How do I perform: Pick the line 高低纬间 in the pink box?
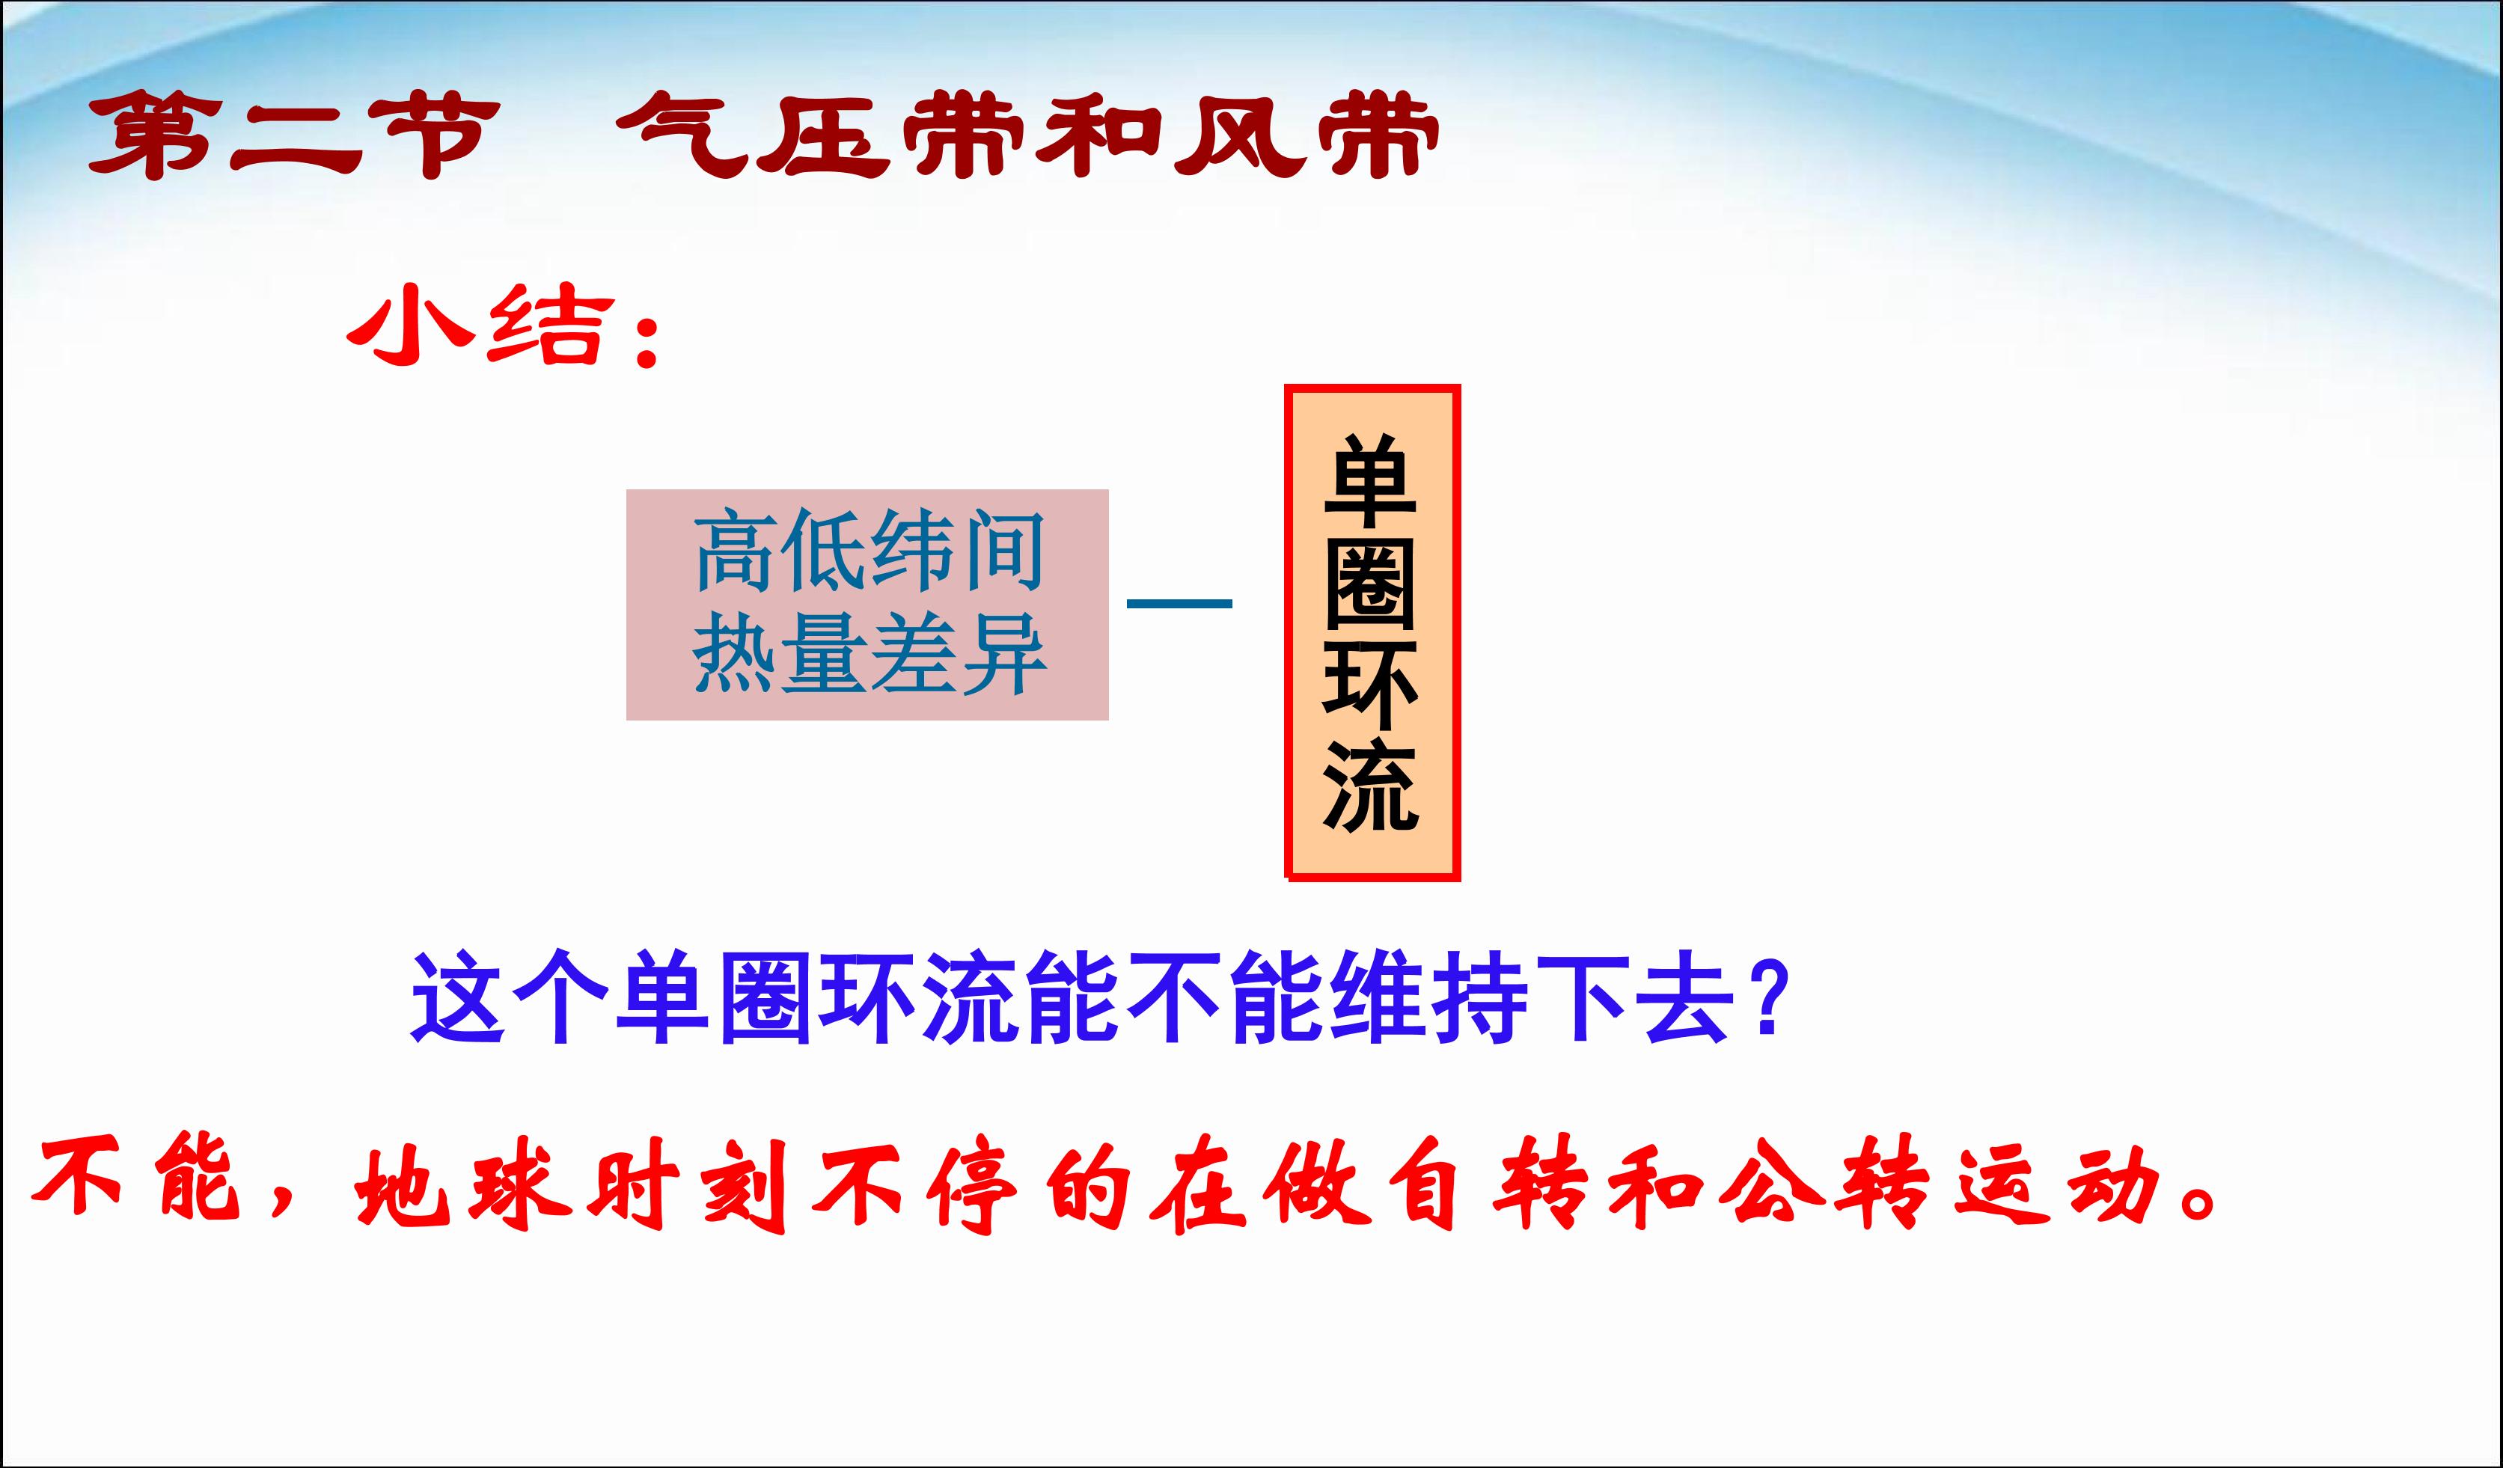pos(869,551)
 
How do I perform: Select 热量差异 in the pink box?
pos(869,652)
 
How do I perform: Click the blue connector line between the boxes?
pos(1179,603)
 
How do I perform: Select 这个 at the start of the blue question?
pos(509,998)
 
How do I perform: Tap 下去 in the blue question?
pos(1634,998)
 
